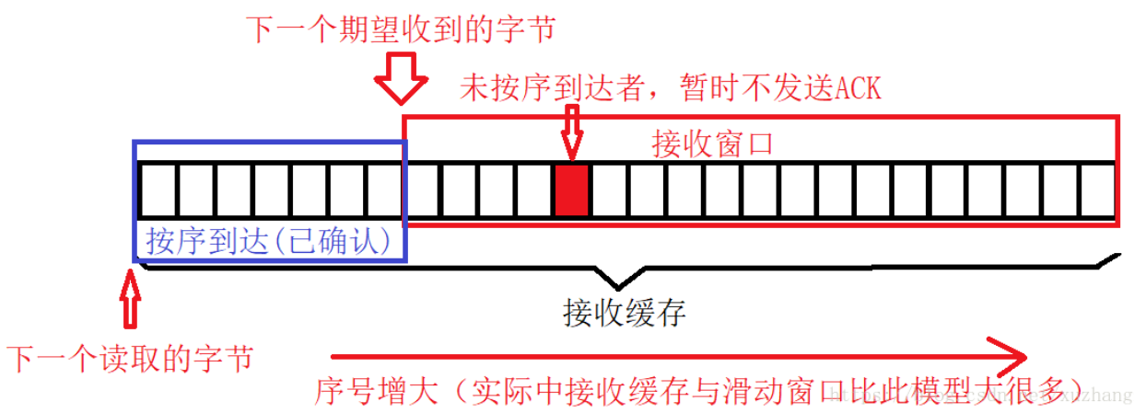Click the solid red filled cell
(x=571, y=190)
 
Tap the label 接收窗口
(x=711, y=144)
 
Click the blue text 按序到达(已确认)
(x=268, y=241)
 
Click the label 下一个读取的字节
(x=129, y=358)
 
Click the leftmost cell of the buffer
(x=156, y=190)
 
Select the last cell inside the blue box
(x=383, y=190)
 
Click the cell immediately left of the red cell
(x=533, y=190)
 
